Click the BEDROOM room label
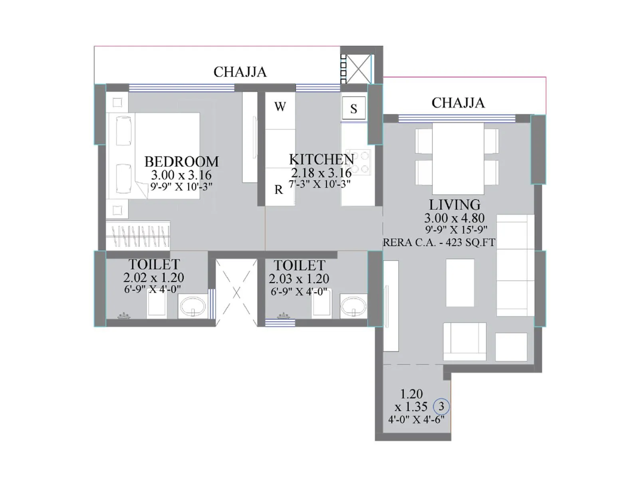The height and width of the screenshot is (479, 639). coord(181,162)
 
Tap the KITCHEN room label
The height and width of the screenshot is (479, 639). coord(321,159)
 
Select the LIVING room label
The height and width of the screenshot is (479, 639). coord(455,205)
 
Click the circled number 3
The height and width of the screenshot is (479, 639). coord(441,406)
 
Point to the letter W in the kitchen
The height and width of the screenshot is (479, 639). coord(280,107)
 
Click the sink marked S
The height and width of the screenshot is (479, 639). coord(354,108)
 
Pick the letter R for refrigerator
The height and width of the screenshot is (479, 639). coord(279,190)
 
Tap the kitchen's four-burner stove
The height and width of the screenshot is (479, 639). coord(360,162)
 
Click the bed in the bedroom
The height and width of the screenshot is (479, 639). coord(154,156)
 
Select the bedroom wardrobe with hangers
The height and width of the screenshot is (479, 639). coord(138,235)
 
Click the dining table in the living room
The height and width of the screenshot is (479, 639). coord(458,158)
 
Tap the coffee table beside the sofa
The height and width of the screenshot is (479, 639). coord(460,283)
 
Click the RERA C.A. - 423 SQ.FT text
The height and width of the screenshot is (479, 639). coord(439,243)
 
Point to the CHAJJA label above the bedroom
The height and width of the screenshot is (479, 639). coord(240,72)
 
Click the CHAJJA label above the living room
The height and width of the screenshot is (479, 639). coord(458,103)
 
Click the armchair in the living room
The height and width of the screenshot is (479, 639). coord(464,341)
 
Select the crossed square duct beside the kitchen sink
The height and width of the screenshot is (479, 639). coord(359,69)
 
